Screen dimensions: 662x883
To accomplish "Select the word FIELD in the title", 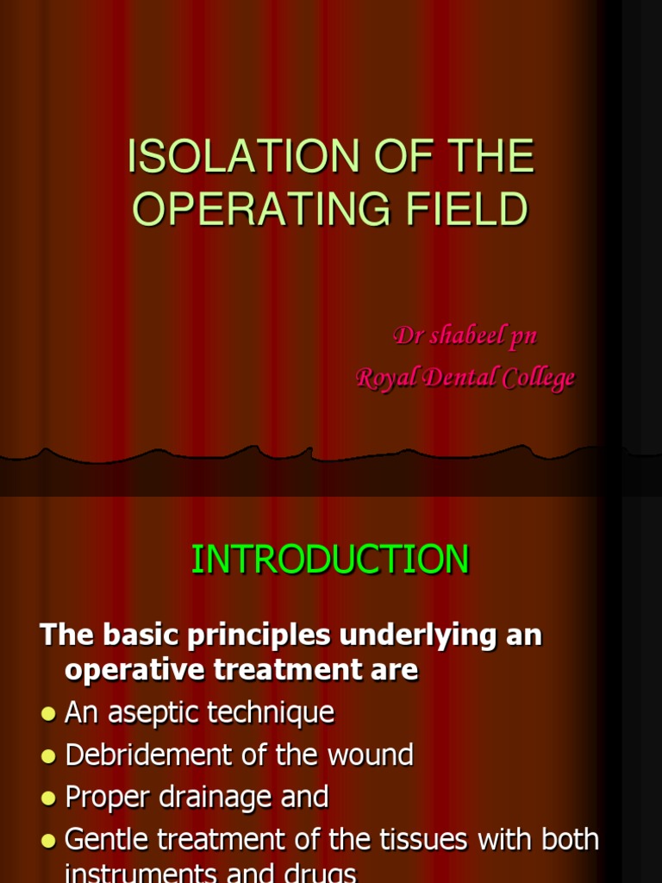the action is pos(466,209).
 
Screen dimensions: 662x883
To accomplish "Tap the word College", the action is pos(539,378).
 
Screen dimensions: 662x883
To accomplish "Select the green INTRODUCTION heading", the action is pos(330,559).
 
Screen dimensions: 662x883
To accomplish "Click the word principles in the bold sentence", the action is pos(259,636).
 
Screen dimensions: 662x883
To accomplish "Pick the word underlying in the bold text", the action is pos(418,636).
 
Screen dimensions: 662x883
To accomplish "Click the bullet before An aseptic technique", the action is pos(49,714).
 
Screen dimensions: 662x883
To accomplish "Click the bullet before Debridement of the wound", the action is pos(49,756).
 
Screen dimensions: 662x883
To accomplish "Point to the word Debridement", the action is pos(150,755).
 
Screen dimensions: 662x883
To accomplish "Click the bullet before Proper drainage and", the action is pos(49,798).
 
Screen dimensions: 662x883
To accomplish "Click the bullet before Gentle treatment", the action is pos(49,841).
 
